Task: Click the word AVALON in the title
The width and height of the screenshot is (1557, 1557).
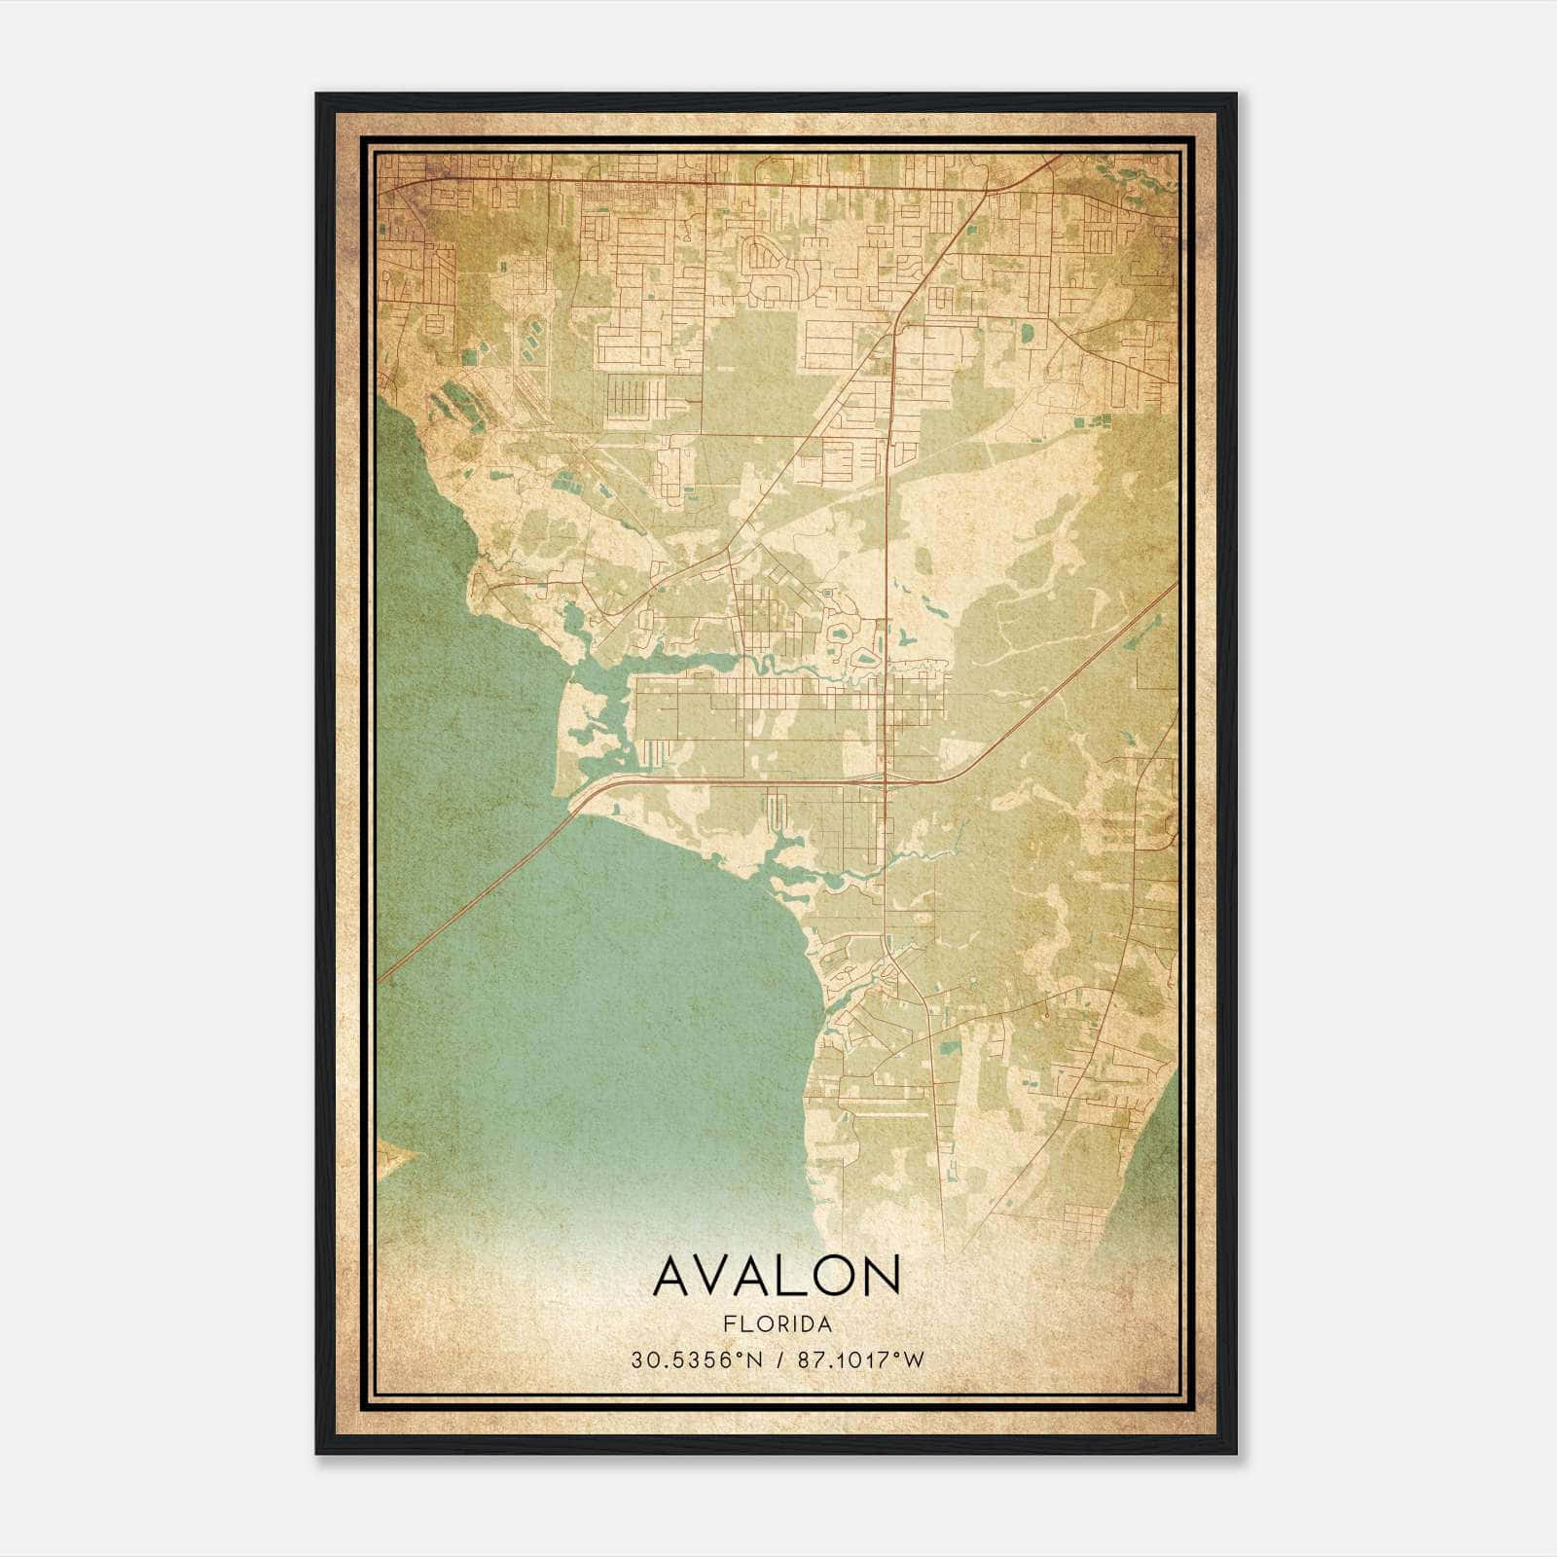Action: tap(777, 1276)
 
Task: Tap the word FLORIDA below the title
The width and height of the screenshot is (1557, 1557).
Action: tap(777, 1324)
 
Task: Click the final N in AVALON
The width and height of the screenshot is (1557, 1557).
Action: tap(881, 1276)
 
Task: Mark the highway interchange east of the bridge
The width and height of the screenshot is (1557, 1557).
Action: tap(882, 778)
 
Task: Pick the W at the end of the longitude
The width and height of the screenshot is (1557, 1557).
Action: tap(914, 1360)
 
